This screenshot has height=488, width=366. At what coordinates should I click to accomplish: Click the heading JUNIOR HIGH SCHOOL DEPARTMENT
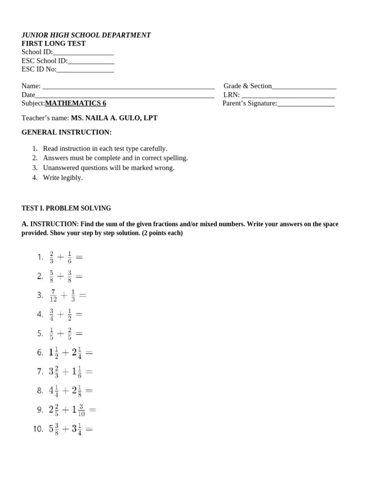click(x=86, y=35)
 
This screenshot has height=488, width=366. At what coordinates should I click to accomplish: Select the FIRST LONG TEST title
click(x=53, y=43)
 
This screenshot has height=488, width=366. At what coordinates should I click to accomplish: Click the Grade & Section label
click(x=247, y=86)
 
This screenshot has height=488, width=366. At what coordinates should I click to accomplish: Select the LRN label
click(x=231, y=95)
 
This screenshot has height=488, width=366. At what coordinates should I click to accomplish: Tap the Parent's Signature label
click(x=249, y=103)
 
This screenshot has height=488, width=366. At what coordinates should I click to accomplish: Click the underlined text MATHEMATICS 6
click(x=75, y=103)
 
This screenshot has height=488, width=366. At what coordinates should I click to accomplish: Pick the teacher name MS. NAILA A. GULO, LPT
click(x=114, y=118)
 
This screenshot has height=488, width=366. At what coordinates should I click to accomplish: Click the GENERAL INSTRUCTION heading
click(x=66, y=132)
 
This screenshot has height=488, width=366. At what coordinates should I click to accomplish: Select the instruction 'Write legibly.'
click(x=62, y=177)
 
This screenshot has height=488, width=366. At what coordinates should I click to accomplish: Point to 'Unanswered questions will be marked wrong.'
click(x=108, y=168)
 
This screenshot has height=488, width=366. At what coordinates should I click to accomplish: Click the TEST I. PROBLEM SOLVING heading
click(x=66, y=208)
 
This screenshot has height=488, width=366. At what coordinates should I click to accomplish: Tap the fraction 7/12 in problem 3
click(x=53, y=295)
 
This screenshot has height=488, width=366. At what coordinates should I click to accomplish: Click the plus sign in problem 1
click(x=60, y=257)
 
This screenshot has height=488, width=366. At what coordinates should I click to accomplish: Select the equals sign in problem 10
click(x=89, y=429)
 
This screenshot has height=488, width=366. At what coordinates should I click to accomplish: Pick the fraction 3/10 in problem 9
click(x=81, y=410)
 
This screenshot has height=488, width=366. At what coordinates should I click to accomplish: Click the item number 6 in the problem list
click(x=40, y=353)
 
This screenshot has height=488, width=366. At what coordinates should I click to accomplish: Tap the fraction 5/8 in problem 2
click(x=51, y=276)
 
